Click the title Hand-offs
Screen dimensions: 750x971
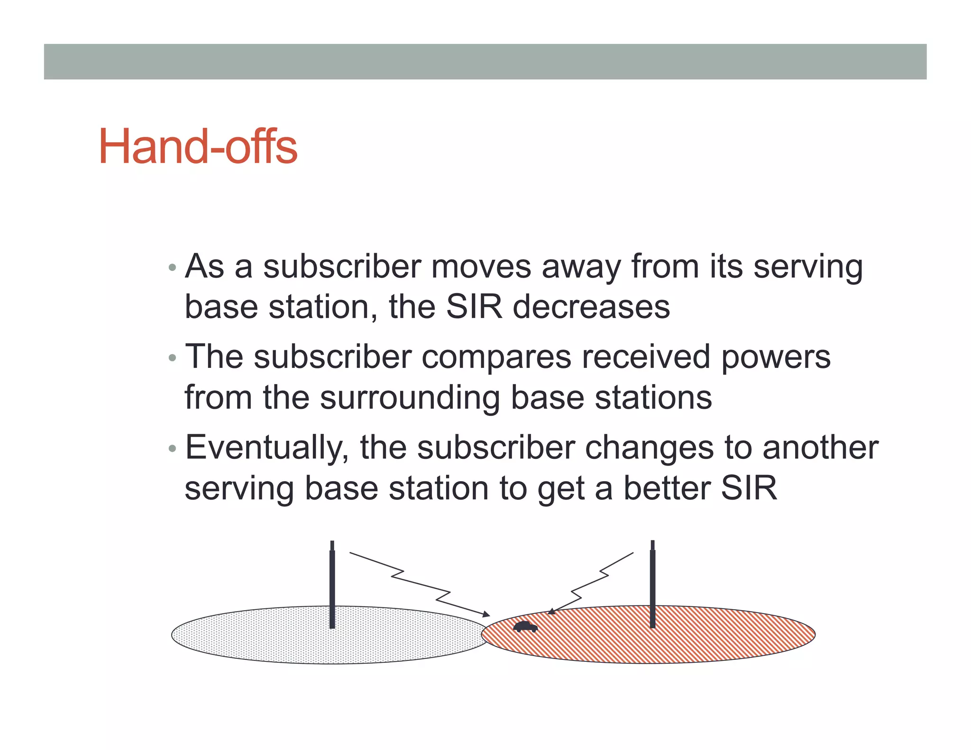point(198,146)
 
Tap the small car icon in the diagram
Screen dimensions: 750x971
point(525,627)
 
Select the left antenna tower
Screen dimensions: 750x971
point(332,585)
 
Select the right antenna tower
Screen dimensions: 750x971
point(653,585)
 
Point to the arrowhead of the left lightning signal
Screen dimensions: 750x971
point(486,614)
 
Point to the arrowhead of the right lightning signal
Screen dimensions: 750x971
point(551,612)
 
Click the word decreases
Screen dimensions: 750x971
point(591,307)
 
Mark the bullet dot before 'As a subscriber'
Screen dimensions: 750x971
point(173,268)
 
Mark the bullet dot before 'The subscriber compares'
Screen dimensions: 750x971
point(173,358)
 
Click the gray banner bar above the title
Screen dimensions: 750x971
point(485,62)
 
